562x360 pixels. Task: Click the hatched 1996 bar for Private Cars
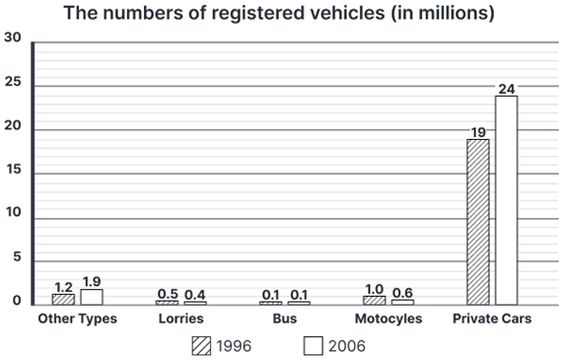477,221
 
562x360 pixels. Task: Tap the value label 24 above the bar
506,89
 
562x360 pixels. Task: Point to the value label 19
477,131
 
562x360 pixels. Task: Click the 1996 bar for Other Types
63,298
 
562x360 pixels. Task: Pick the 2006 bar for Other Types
92,296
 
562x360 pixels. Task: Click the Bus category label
284,320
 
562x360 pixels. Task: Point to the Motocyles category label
387,320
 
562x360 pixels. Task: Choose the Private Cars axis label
491,320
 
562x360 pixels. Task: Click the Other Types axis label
77,320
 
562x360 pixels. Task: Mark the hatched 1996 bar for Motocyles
374,299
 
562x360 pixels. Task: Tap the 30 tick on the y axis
12,37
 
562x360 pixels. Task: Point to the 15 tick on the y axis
12,172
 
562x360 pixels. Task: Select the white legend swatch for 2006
314,346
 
